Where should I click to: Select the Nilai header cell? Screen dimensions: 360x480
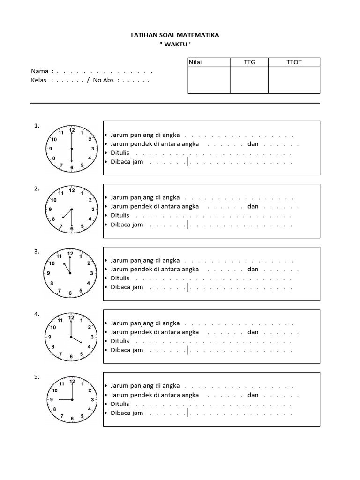click(x=195, y=63)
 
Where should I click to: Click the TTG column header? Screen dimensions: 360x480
click(x=249, y=63)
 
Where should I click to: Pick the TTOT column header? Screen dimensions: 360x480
click(x=294, y=63)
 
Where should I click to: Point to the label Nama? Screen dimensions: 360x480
click(x=40, y=71)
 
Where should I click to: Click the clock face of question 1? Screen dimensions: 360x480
click(x=72, y=148)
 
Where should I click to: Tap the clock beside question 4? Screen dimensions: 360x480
click(x=71, y=337)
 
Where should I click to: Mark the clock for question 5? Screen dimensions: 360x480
click(x=72, y=399)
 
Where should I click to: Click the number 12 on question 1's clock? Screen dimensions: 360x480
click(x=72, y=130)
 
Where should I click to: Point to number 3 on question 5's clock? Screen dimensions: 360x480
click(x=92, y=399)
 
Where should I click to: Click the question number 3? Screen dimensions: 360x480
click(x=37, y=252)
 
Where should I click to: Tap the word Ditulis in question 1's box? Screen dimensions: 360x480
click(x=120, y=153)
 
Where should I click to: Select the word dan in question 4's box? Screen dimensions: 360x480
click(x=253, y=332)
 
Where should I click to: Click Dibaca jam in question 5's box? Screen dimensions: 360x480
click(x=127, y=412)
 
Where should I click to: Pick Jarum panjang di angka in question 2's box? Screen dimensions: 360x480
click(x=145, y=197)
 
